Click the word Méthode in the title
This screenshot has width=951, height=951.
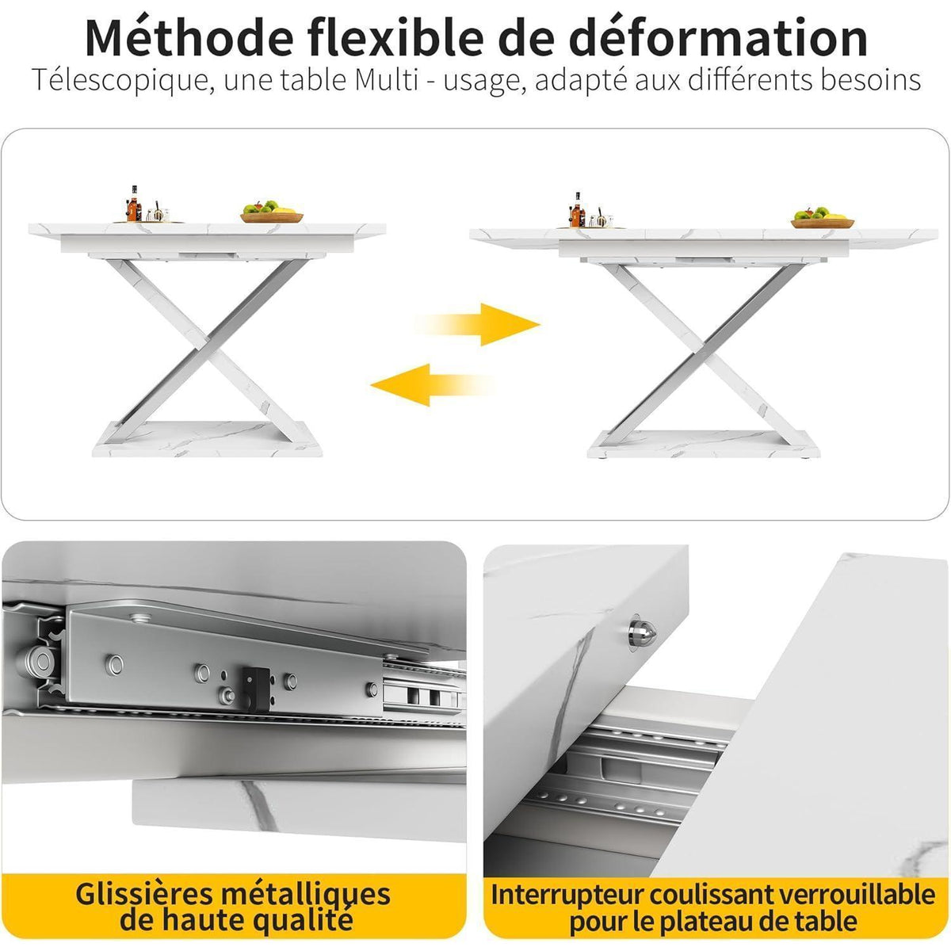(x=189, y=38)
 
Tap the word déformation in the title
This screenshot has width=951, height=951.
(x=718, y=38)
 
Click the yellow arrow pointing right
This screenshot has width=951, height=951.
(x=478, y=325)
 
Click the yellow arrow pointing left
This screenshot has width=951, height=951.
(x=432, y=385)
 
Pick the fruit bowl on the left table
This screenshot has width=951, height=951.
(x=272, y=212)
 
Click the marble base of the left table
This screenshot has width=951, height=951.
(x=208, y=439)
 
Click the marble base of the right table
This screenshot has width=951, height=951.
(x=703, y=444)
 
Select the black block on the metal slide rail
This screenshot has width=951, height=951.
(x=256, y=689)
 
